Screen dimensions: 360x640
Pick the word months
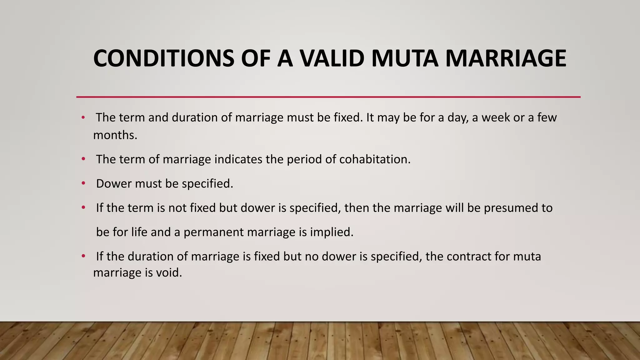(x=115, y=135)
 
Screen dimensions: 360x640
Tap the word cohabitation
(x=375, y=159)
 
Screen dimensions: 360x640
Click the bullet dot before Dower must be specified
(x=83, y=183)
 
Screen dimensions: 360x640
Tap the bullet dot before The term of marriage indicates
(x=83, y=159)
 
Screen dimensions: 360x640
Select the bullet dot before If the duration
(x=83, y=256)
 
